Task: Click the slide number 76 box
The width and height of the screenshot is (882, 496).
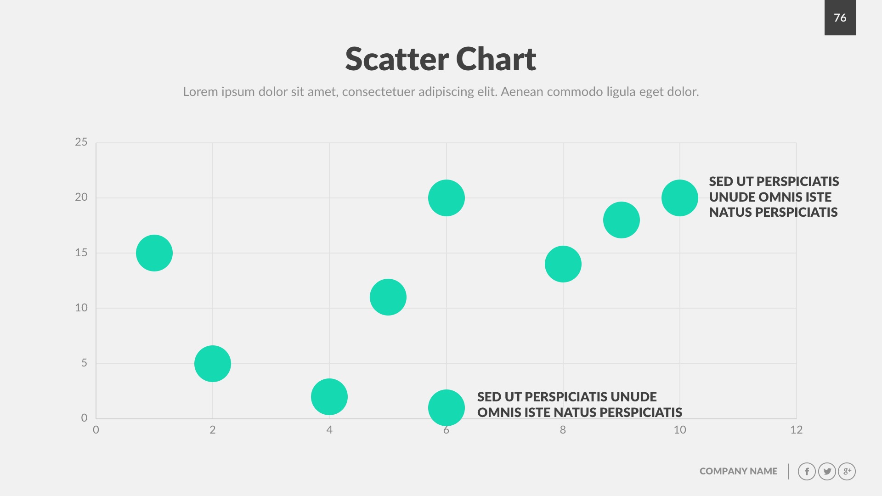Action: point(840,17)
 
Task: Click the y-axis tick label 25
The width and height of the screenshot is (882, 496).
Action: point(81,142)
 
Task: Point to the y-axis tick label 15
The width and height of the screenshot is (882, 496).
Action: point(81,253)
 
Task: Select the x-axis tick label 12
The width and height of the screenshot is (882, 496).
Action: point(796,430)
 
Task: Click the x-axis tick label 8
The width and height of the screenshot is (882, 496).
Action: point(563,430)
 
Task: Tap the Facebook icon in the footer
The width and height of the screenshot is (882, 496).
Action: point(807,472)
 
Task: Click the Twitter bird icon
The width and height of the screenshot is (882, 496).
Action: point(827,472)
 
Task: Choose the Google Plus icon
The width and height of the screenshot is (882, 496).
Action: point(847,472)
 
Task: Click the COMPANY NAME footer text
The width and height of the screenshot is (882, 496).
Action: point(738,471)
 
